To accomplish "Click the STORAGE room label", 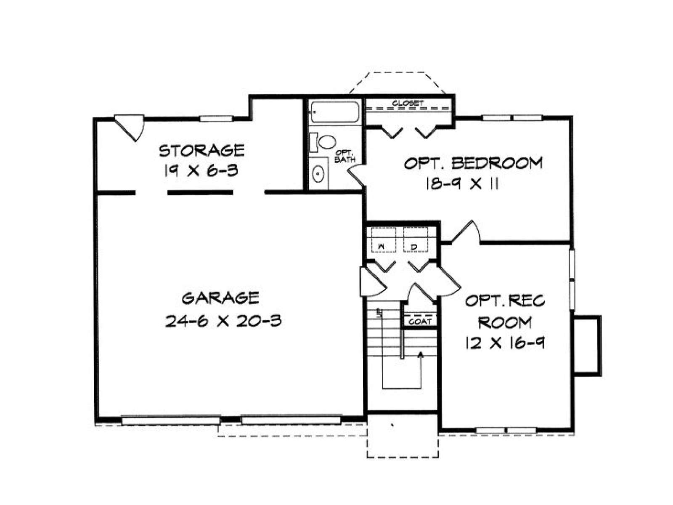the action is pos(201,150).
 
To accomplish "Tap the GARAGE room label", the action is pos(220,298).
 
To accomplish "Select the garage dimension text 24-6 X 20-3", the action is pos(223,321).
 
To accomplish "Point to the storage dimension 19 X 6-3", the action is pos(201,170).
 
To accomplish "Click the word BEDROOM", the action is pos(497,163).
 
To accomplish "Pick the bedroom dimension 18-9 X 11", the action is pos(462,184).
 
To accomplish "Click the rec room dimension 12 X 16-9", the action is pos(505,343).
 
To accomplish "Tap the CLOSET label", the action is pos(408,104).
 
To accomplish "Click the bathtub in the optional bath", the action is pos(335,112).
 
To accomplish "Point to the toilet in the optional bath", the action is pos(323,142).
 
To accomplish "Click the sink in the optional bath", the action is pos(318,174).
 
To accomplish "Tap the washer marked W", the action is pos(383,240).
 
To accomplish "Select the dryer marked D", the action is pos(415,240).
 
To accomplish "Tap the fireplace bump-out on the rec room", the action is pos(587,346).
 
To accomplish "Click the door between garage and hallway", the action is pos(372,282).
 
